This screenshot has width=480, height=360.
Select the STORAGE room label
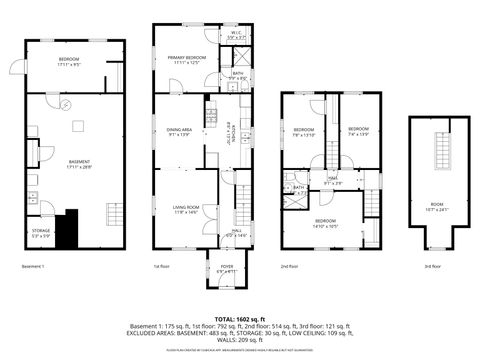[x=41, y=234]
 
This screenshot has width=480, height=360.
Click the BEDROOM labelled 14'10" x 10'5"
[x=326, y=222]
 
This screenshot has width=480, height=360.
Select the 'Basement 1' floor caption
[x=35, y=266]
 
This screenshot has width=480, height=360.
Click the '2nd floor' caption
[x=289, y=266]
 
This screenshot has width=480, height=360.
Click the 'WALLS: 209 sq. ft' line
[x=240, y=339]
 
